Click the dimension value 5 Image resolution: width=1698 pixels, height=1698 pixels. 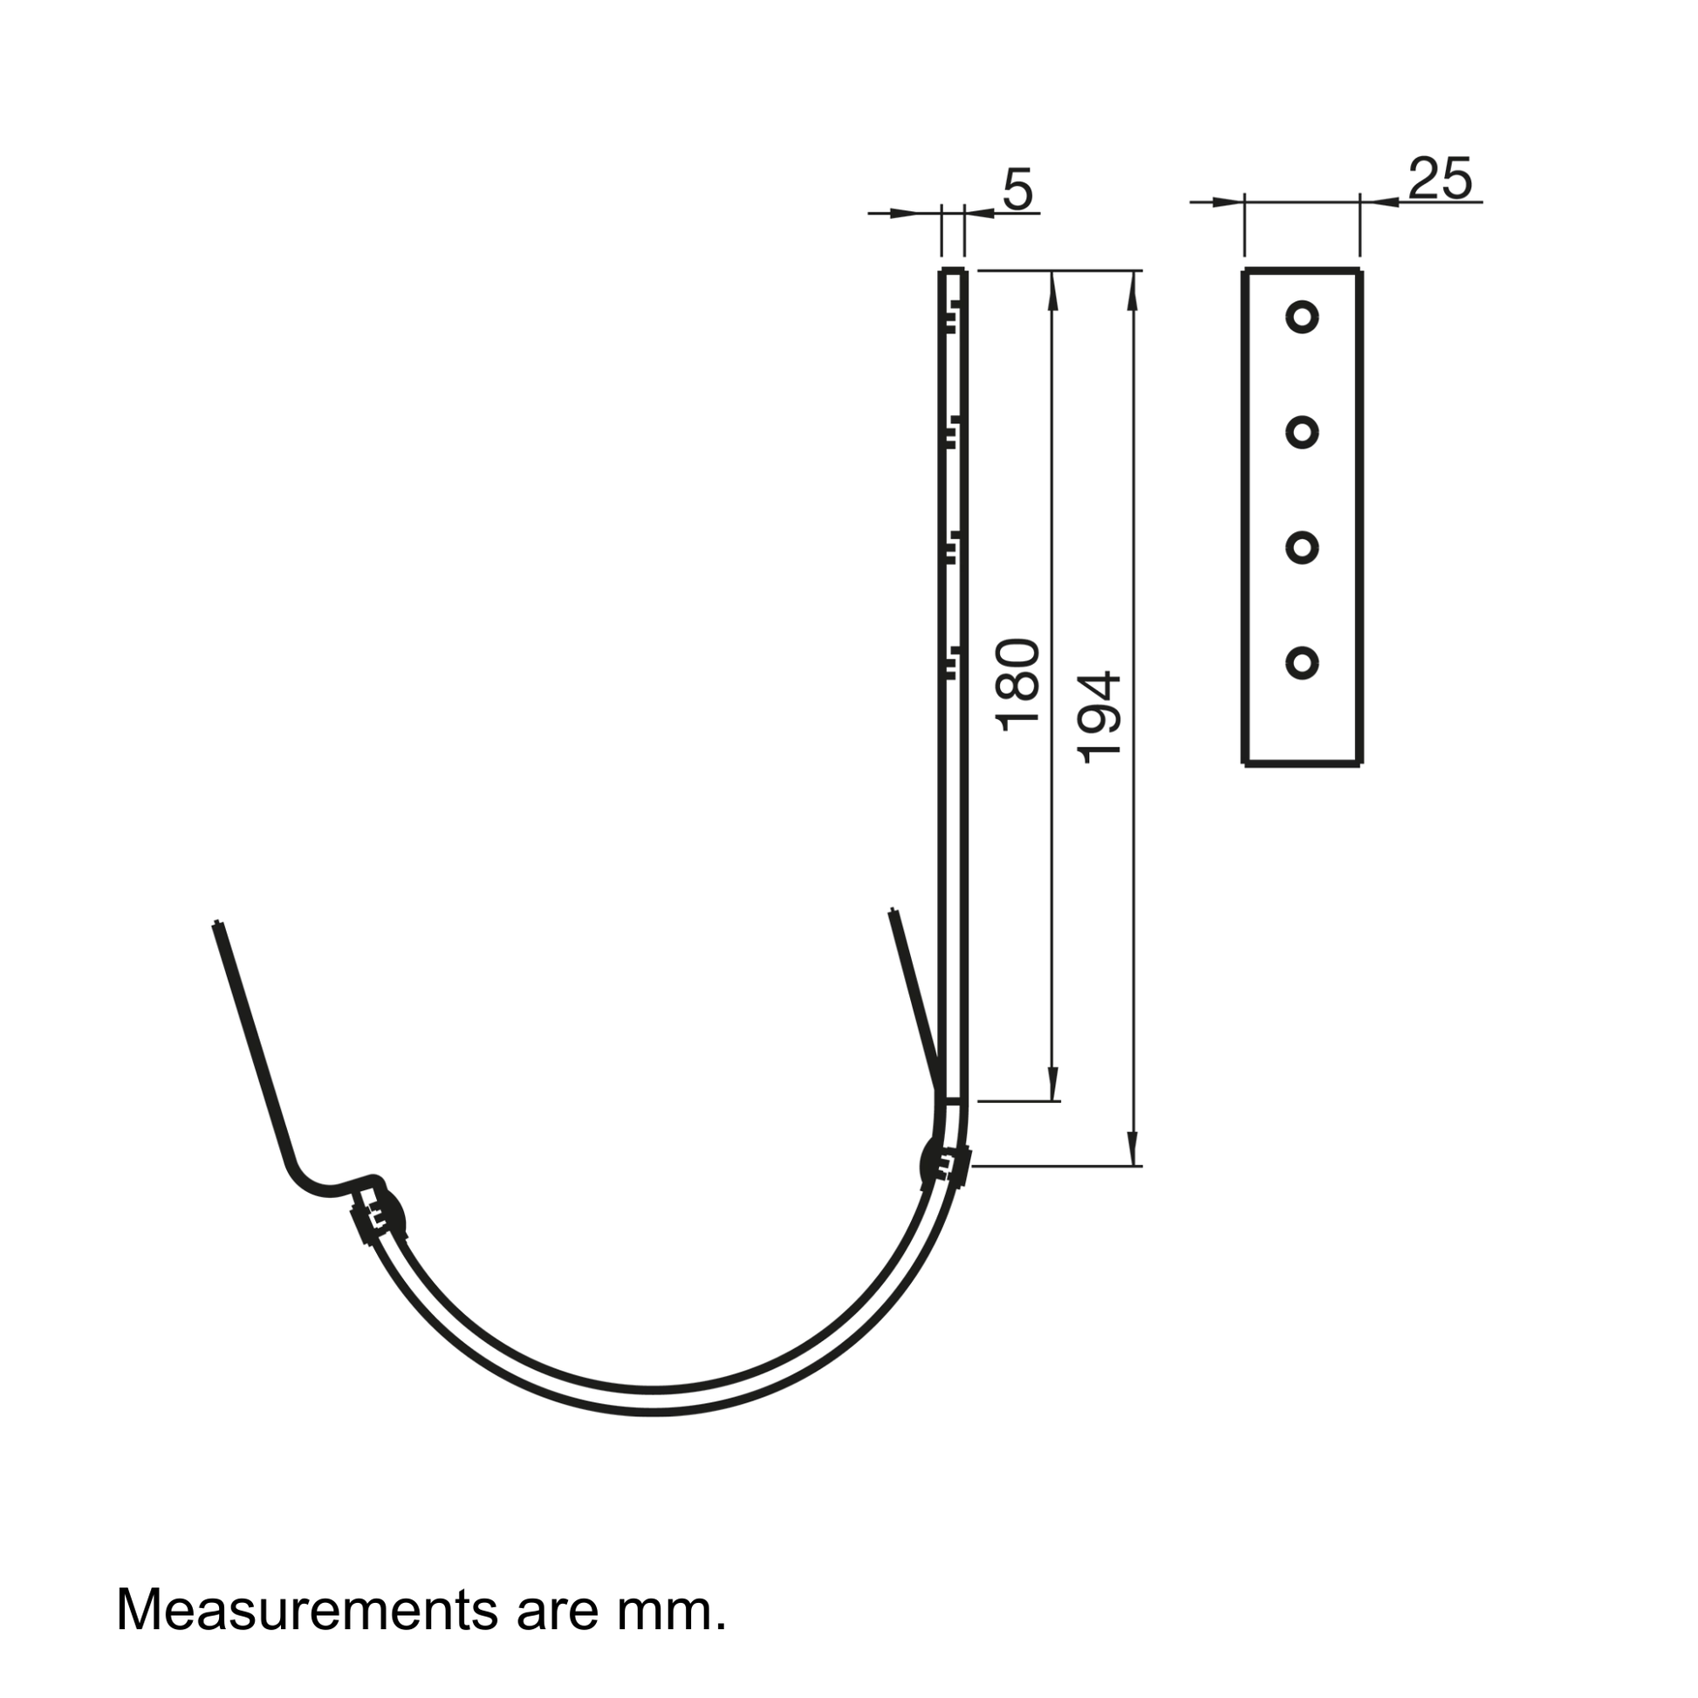point(1017,190)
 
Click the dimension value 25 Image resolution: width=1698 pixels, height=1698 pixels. point(1440,179)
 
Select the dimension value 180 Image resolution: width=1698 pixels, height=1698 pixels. point(1018,685)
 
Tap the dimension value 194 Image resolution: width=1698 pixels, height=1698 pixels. point(1099,717)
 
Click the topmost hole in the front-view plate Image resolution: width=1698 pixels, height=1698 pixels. point(1302,317)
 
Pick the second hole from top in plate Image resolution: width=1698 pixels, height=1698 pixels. point(1302,433)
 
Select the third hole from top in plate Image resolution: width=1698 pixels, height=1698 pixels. point(1302,548)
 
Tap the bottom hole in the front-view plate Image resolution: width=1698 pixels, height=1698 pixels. point(1302,663)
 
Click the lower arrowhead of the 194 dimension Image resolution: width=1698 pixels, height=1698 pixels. point(1133,1147)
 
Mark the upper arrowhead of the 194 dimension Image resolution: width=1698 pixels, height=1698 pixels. point(1133,291)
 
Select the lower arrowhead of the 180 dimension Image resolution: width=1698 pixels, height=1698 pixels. point(1053,1082)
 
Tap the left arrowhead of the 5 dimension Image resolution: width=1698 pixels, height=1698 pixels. point(903,213)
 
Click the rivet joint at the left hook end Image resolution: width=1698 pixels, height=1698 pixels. point(380,1218)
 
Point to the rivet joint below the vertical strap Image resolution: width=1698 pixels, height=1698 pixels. point(945,1166)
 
